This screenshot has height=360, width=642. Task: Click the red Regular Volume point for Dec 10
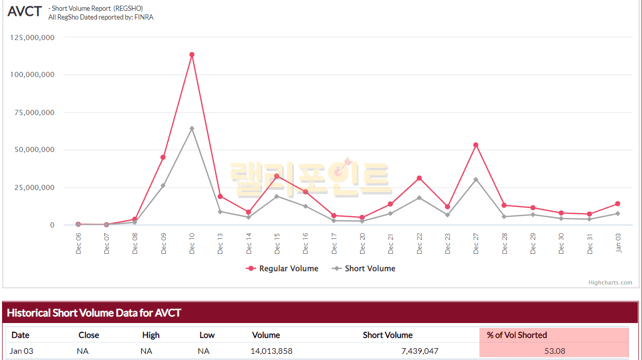point(192,54)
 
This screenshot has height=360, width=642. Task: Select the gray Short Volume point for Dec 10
point(192,128)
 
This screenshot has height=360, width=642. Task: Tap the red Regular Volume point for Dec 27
point(476,145)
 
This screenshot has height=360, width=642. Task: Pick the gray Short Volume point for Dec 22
point(419,198)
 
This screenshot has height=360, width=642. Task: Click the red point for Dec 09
point(163,157)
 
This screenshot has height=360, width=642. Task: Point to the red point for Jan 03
point(617,204)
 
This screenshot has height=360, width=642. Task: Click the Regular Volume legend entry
point(282,269)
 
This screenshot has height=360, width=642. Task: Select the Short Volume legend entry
point(364,269)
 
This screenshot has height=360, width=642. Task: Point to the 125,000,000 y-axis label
point(32,37)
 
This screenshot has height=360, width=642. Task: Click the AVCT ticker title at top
point(24,12)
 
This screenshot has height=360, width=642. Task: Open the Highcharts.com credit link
point(610,282)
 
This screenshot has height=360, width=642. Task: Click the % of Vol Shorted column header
point(517,335)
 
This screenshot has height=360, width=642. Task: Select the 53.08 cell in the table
point(555,351)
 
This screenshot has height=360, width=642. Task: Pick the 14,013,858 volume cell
point(272,351)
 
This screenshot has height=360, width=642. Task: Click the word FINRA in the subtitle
point(144,17)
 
